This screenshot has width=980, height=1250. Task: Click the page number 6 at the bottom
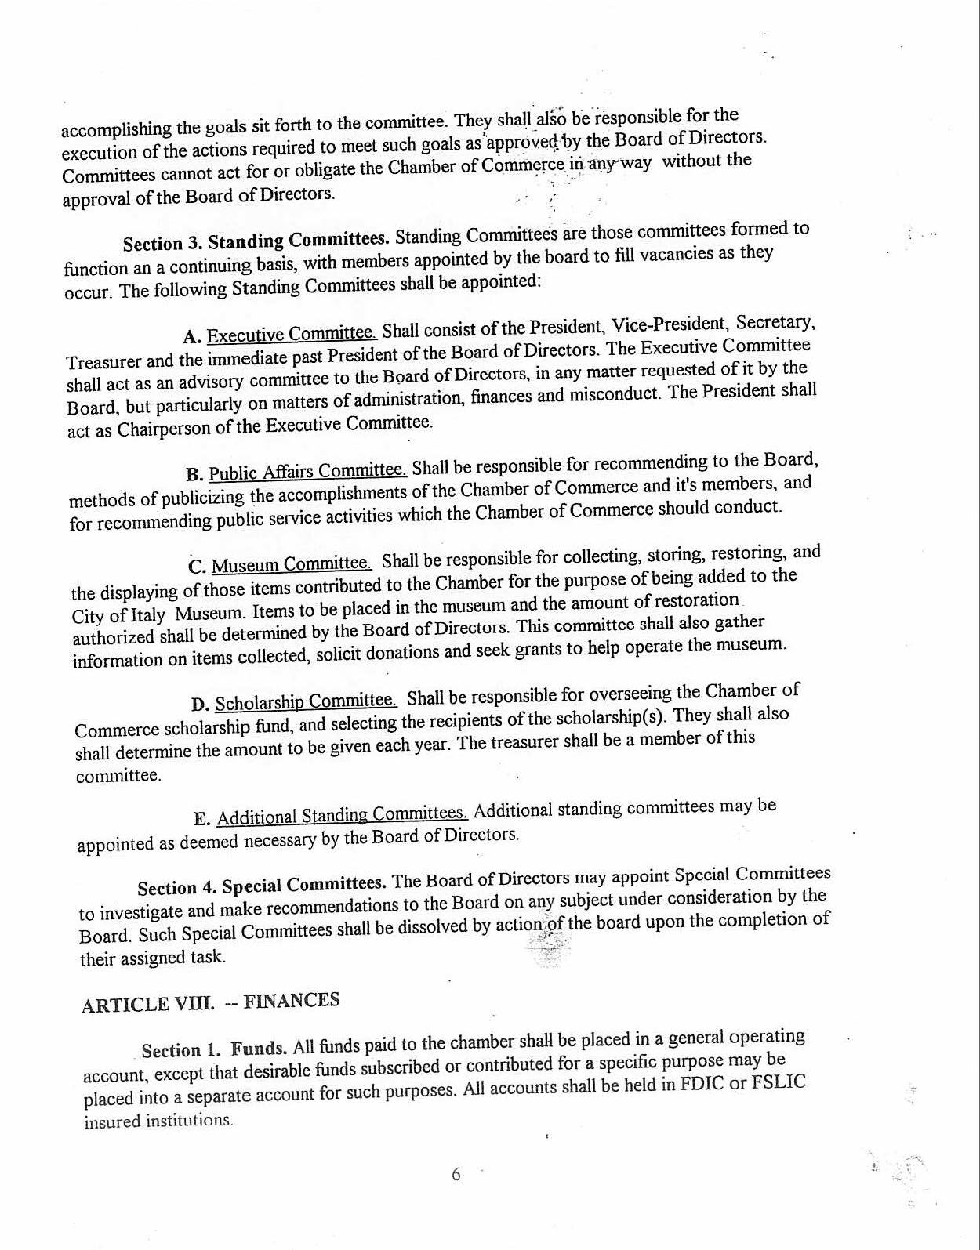coord(456,1175)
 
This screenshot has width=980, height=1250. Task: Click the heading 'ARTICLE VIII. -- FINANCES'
coord(210,1002)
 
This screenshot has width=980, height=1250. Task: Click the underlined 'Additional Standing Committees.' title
coord(342,816)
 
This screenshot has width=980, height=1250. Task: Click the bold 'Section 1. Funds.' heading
coord(214,1049)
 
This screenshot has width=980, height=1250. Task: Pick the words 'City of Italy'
coord(118,614)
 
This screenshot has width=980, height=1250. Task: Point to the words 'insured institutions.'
coord(159,1121)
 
